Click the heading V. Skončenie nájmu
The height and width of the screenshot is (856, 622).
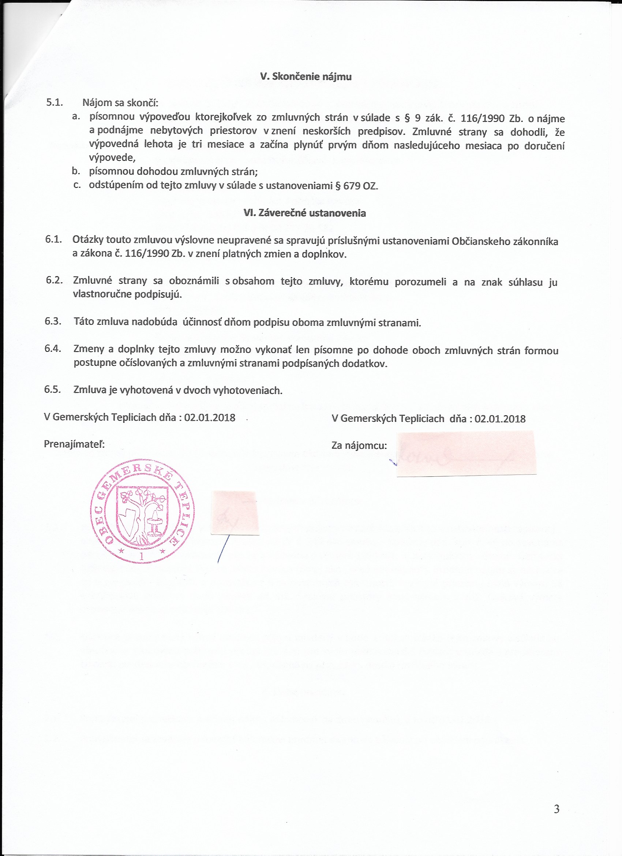point(306,77)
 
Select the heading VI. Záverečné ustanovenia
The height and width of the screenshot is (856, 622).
point(305,213)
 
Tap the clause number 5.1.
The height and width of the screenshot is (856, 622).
point(54,103)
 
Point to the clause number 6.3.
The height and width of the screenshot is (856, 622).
point(53,321)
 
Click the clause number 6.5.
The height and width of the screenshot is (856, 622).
point(53,390)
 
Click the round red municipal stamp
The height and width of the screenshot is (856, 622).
point(142,511)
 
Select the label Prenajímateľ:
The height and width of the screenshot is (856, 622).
point(74,444)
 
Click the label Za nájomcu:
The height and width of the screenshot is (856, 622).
point(359,446)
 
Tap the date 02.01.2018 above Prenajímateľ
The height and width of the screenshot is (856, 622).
point(210,417)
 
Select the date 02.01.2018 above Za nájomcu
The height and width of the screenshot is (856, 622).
point(500,418)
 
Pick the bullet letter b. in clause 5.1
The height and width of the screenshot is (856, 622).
point(76,171)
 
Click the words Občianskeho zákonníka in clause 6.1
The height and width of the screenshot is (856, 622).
point(505,242)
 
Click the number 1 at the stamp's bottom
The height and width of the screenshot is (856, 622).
point(142,556)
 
